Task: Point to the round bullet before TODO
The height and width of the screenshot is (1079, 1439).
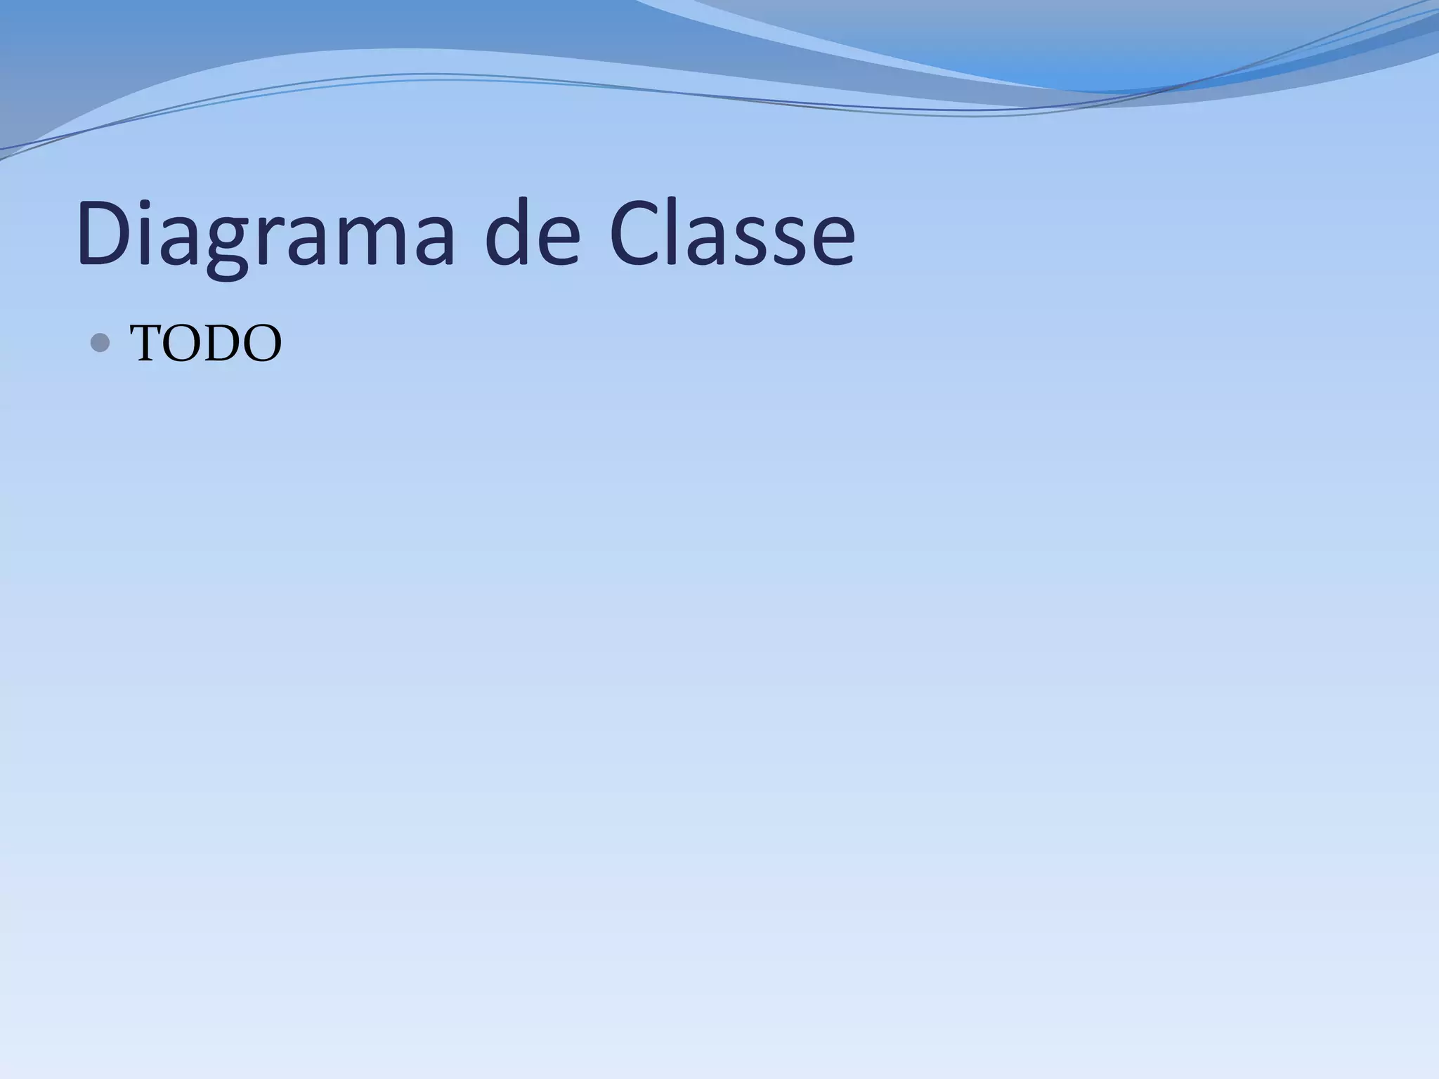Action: [101, 343]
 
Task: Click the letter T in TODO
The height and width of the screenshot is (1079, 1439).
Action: [150, 344]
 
